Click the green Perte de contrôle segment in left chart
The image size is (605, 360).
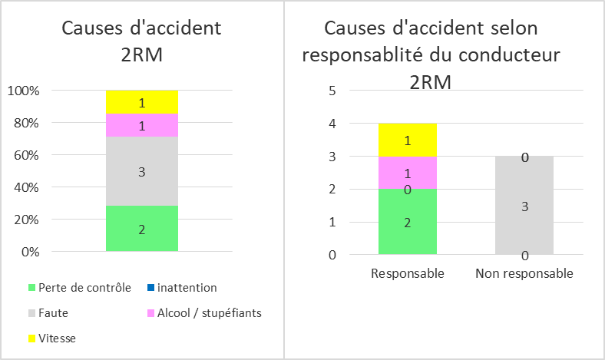[x=141, y=229]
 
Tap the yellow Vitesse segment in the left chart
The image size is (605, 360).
[x=141, y=101]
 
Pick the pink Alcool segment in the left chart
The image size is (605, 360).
[x=141, y=125]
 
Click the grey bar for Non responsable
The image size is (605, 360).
[x=524, y=206]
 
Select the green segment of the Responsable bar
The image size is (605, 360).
[x=408, y=222]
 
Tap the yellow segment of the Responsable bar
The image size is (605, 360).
[x=408, y=140]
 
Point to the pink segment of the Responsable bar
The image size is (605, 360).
[x=408, y=173]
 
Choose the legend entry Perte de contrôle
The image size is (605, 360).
[x=78, y=288]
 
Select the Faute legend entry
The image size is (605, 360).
[x=52, y=313]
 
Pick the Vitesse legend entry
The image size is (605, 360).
[x=57, y=338]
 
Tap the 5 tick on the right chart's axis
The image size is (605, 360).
[x=332, y=91]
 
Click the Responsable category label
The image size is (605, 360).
[x=408, y=273]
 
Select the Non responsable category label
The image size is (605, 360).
[x=524, y=273]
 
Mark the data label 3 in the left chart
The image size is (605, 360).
[x=141, y=172]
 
